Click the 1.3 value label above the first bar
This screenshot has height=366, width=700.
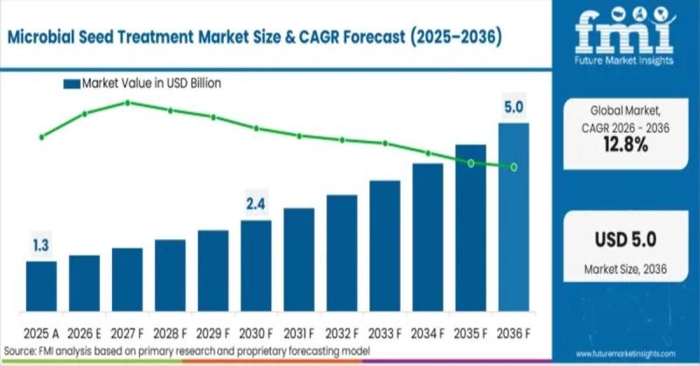click(x=41, y=246)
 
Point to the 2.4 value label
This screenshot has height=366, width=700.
click(x=255, y=205)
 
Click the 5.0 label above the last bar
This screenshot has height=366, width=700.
click(x=514, y=108)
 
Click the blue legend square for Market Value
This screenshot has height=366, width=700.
click(x=72, y=84)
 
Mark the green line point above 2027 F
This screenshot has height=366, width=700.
click(x=128, y=102)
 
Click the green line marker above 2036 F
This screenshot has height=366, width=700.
click(x=514, y=166)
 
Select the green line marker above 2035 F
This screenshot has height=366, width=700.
click(x=471, y=164)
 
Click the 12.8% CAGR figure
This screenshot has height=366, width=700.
click(x=625, y=146)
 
